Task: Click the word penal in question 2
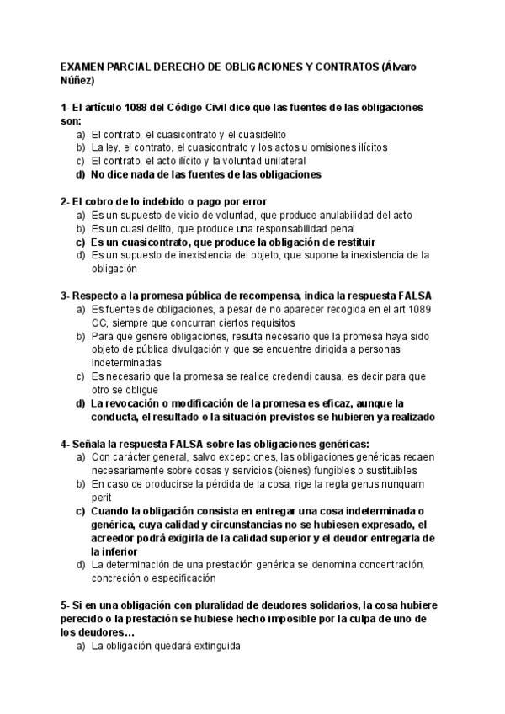point(343,228)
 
